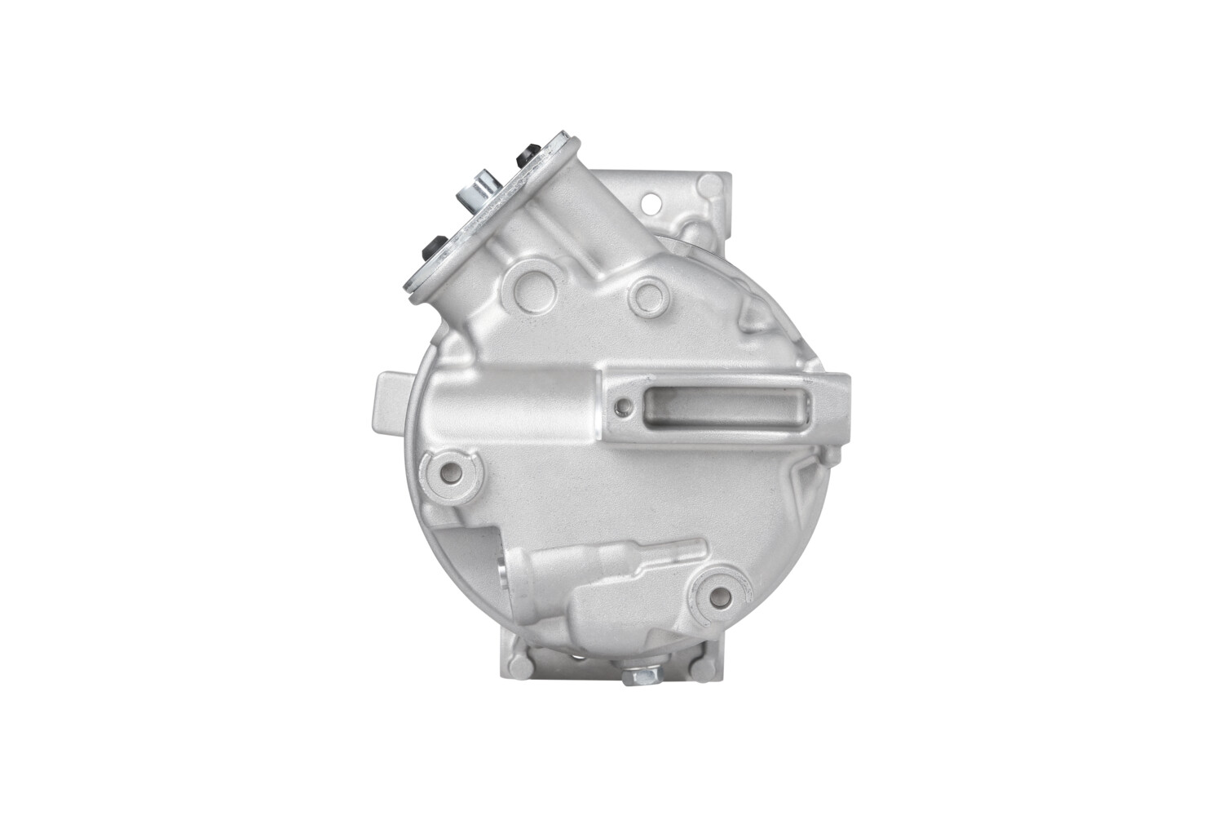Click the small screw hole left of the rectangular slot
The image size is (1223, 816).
point(624,405)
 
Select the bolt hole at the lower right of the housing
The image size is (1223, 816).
point(720,593)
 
